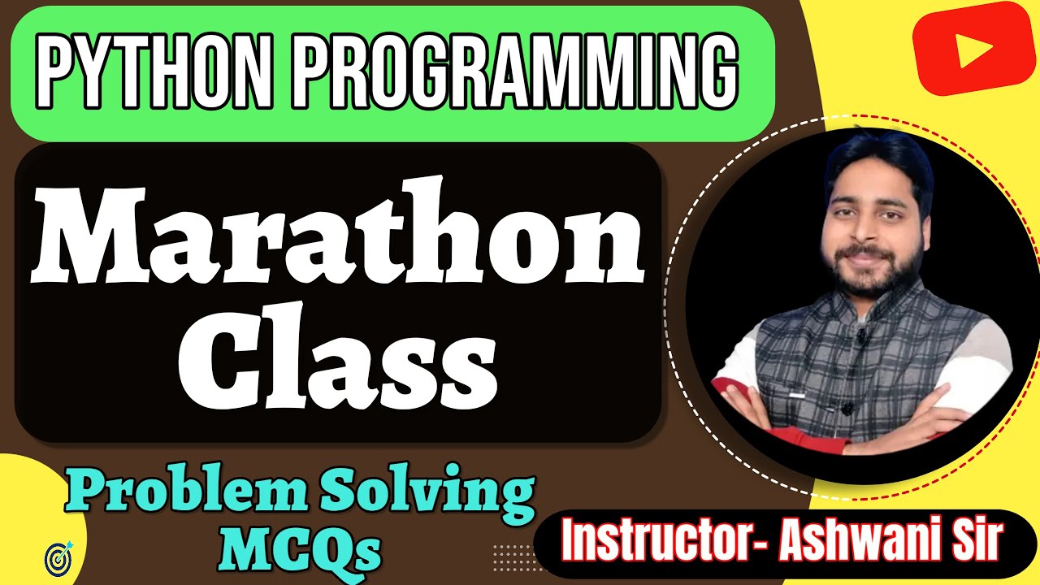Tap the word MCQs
[301, 550]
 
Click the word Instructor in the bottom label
[662, 539]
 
